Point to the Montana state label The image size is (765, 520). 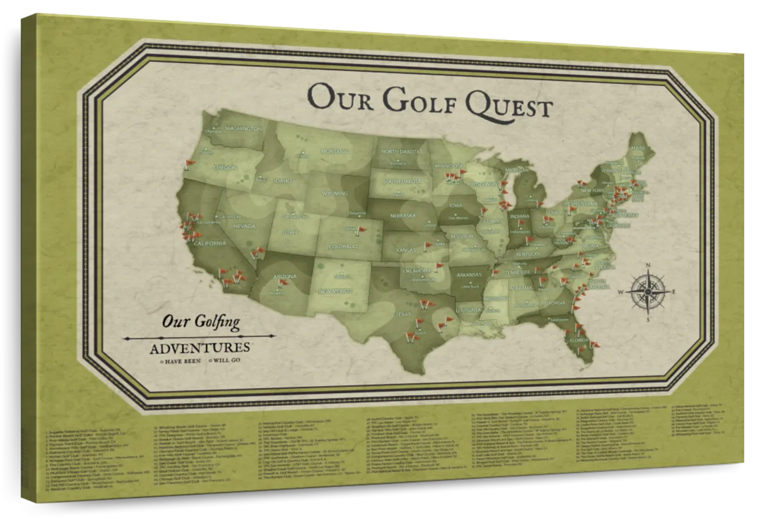pyautogui.click(x=333, y=152)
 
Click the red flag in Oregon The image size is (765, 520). pyautogui.click(x=187, y=164)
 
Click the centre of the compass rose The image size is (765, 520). pyautogui.click(x=648, y=290)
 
